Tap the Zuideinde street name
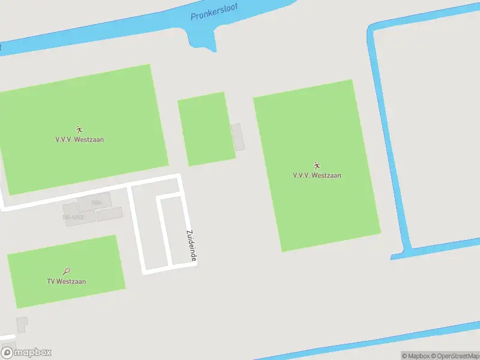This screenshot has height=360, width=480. coord(191,246)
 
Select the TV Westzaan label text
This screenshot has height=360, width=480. coord(67,281)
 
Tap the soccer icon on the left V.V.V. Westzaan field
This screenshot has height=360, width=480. coord(79,130)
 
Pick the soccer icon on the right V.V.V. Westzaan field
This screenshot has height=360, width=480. coord(317,166)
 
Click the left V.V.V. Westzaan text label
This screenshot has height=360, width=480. coord(79,139)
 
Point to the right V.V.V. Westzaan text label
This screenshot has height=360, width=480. coord(317,176)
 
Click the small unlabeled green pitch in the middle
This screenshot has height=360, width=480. coord(206,128)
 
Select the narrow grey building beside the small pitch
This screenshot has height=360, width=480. coord(238,137)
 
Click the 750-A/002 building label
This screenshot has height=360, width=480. coord(73,217)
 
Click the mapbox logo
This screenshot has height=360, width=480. coord(26,353)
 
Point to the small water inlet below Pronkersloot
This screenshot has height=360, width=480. coord(202,40)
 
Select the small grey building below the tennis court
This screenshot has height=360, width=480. coord(22,324)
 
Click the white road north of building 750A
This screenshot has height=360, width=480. coord(90,191)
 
